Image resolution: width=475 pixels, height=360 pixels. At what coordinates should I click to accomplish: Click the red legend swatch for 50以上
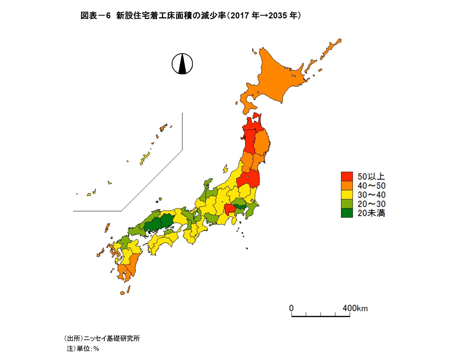tap(347, 176)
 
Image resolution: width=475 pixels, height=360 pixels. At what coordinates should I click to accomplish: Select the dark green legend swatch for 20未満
tap(347, 213)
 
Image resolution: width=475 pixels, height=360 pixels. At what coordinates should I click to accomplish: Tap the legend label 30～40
tap(371, 195)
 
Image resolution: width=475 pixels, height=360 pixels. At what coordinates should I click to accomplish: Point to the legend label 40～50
tap(371, 186)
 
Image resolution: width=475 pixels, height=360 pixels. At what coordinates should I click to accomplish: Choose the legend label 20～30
tap(371, 204)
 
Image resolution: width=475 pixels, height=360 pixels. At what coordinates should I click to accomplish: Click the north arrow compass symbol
tap(182, 64)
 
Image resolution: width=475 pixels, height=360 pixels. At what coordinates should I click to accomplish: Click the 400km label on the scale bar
tap(355, 308)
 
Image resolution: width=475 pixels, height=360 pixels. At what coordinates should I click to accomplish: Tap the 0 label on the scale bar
tap(291, 308)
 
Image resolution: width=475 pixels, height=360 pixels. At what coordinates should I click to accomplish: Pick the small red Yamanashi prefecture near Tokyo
tap(230, 209)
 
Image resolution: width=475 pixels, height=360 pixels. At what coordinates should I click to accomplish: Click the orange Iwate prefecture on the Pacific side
tap(262, 143)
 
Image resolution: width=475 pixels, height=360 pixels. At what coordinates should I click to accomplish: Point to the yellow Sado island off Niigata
tap(225, 169)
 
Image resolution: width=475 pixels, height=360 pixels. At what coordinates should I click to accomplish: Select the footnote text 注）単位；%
tap(83, 348)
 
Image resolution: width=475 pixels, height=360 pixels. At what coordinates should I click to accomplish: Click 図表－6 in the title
tap(95, 16)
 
